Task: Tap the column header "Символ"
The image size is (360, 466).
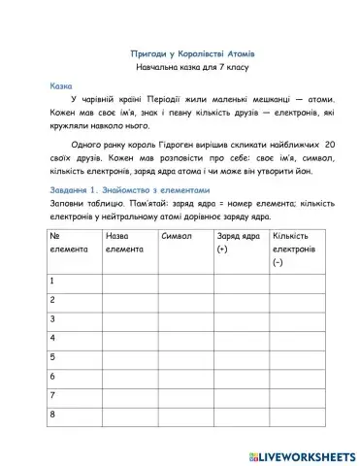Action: click(x=178, y=236)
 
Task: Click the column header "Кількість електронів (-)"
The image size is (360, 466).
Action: click(x=293, y=249)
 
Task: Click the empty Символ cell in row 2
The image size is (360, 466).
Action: click(x=185, y=300)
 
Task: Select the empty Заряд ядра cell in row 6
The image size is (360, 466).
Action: click(x=241, y=376)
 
